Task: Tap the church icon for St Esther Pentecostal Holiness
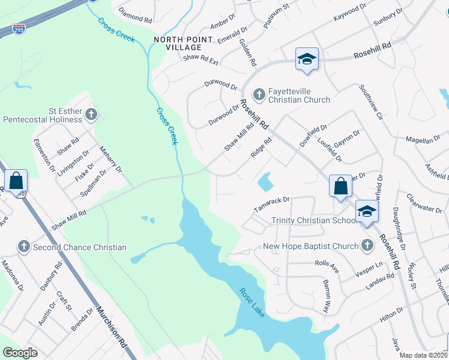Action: pyautogui.click(x=91, y=114)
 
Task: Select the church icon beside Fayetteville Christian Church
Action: pyautogui.click(x=259, y=94)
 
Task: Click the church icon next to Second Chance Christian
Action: pyautogui.click(x=23, y=247)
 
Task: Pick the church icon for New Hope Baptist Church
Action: pyautogui.click(x=367, y=246)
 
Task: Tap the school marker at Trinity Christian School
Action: pyautogui.click(x=367, y=212)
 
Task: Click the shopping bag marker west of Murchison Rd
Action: pyautogui.click(x=16, y=180)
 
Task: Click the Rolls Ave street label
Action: pyautogui.click(x=327, y=266)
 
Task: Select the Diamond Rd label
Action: pyautogui.click(x=136, y=15)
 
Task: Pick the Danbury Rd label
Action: pyautogui.click(x=51, y=275)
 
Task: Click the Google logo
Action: pyautogui.click(x=20, y=353)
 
